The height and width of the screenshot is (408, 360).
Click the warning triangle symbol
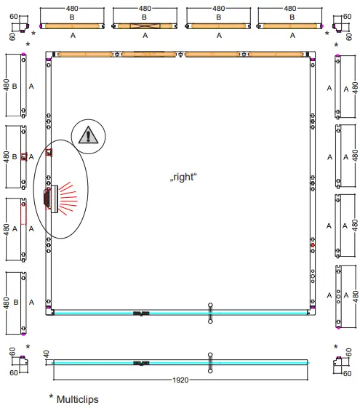(88, 135)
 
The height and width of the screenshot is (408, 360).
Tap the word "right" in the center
(184, 177)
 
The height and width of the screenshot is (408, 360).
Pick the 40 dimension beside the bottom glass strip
(47, 355)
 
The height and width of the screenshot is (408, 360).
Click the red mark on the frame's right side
(313, 246)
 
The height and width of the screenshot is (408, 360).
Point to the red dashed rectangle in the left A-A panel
(23, 213)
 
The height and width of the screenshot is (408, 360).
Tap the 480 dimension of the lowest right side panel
(355, 297)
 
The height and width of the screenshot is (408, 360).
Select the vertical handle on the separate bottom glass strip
(209, 361)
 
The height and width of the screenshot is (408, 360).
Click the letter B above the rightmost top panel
(292, 16)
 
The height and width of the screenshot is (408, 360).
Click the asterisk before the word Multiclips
(52, 397)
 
